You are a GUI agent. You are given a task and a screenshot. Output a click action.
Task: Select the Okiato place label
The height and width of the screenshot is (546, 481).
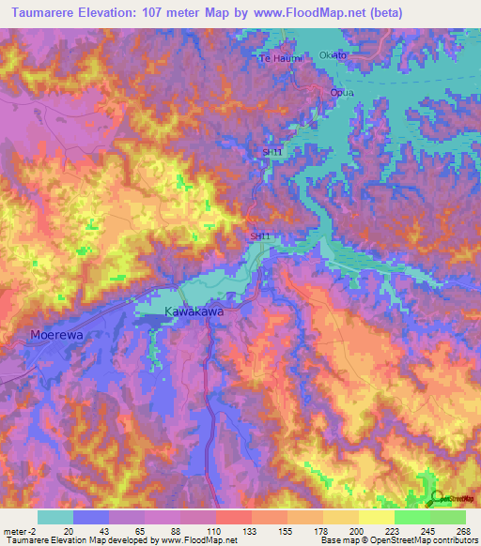[333, 55]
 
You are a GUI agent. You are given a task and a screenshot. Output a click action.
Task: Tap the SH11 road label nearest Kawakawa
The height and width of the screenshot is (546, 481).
[261, 235]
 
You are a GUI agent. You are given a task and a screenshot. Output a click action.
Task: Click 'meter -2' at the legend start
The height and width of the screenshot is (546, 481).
[16, 531]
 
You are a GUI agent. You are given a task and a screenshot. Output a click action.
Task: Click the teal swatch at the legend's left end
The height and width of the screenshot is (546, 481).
[55, 517]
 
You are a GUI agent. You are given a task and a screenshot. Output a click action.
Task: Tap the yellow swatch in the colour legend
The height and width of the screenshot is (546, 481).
[376, 517]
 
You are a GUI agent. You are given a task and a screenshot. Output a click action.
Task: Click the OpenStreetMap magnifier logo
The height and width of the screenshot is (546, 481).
[435, 498]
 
